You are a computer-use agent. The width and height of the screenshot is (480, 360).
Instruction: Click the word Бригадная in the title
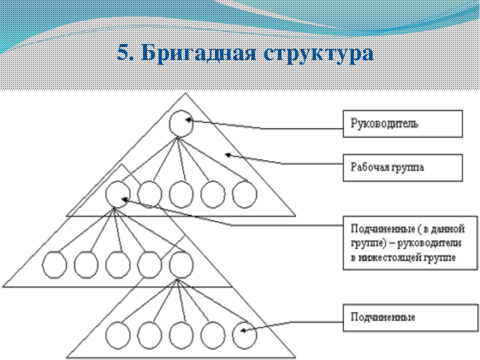click(199, 52)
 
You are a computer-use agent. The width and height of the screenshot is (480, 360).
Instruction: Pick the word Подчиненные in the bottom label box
click(382, 317)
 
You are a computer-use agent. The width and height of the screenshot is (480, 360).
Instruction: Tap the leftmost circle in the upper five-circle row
click(106, 194)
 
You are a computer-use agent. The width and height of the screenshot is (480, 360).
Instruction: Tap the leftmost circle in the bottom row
click(106, 335)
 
